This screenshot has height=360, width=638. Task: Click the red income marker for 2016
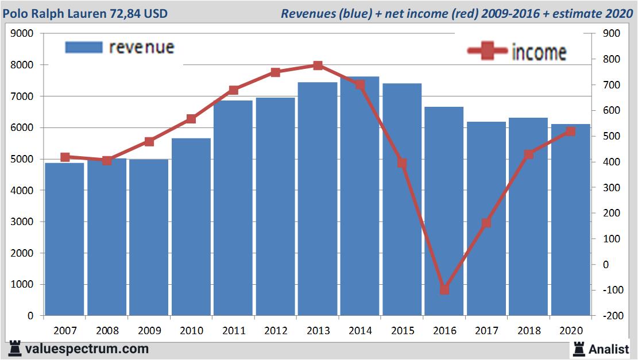click(444, 289)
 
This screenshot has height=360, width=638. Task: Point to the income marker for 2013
click(318, 65)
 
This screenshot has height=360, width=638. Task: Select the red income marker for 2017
click(487, 223)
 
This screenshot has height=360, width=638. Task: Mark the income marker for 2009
click(149, 141)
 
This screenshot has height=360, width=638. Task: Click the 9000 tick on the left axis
click(22, 34)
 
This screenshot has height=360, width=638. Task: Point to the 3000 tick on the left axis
click(22, 222)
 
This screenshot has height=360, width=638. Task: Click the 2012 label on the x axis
click(276, 331)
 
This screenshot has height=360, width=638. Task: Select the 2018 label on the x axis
click(529, 331)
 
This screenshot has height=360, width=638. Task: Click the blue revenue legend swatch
click(84, 47)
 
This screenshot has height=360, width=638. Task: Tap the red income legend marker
click(488, 52)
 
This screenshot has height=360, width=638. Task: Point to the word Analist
click(608, 349)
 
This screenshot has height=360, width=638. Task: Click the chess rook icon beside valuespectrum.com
click(14, 349)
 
